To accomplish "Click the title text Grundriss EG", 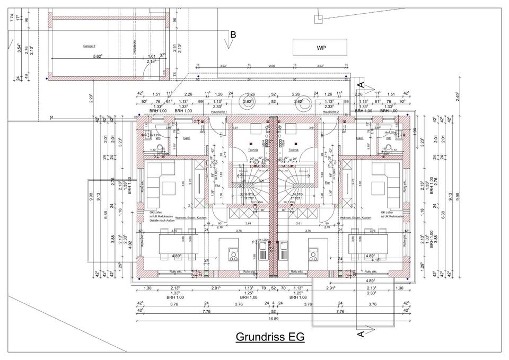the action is point(270,337).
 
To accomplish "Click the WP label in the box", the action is point(321,48).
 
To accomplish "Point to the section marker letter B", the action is point(233,35).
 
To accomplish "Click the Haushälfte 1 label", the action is point(219,113).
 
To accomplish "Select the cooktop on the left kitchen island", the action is point(233,256).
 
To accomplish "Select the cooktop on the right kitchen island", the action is point(312,256).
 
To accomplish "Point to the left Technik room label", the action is point(253,150).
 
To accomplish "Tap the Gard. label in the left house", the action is point(187,138).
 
